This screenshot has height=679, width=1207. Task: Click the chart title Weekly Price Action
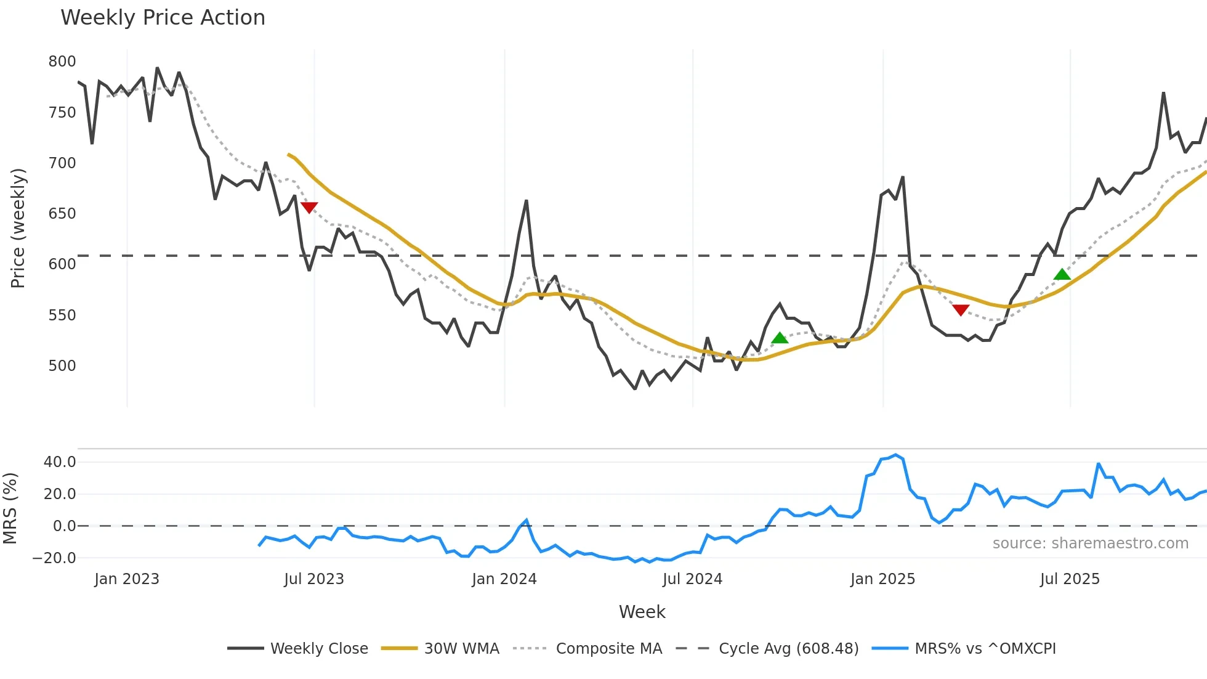click(x=163, y=18)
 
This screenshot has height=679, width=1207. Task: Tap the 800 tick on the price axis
click(x=62, y=62)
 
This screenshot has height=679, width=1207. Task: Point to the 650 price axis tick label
click(x=62, y=214)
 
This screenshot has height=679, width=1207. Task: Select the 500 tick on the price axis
click(x=62, y=366)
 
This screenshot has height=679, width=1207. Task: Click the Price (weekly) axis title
click(x=18, y=228)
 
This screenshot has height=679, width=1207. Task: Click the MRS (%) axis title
click(x=10, y=508)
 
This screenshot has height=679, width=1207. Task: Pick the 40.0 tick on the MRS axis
click(x=60, y=462)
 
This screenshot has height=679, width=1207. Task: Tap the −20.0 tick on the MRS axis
click(x=54, y=558)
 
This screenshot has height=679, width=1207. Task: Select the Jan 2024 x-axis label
click(x=504, y=579)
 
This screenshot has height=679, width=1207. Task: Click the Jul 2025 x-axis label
click(x=1070, y=579)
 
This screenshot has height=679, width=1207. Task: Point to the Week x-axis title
click(x=642, y=612)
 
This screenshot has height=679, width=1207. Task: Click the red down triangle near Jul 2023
click(x=309, y=208)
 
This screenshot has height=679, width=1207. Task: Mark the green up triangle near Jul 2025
click(x=1062, y=275)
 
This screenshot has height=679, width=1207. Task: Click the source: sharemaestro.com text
click(x=1090, y=543)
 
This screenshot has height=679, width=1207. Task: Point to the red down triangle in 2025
click(x=961, y=310)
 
